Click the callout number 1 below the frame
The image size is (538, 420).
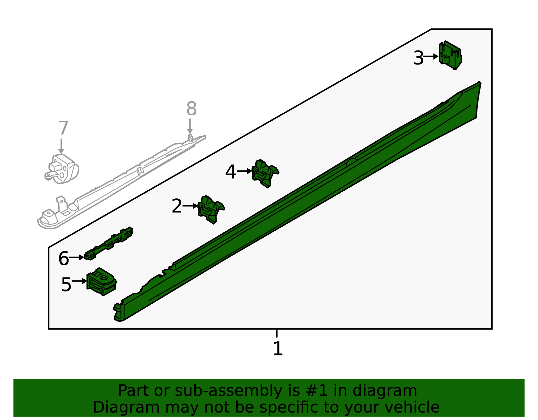click(278, 348)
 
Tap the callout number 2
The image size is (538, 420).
click(177, 206)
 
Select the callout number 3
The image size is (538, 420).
click(418, 58)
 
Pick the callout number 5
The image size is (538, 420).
click(66, 284)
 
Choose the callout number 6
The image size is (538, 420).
click(64, 258)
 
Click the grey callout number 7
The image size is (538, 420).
click(63, 128)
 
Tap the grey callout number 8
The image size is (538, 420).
click(191, 108)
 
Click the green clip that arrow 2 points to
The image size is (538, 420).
click(211, 209)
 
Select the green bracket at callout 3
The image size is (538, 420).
click(450, 55)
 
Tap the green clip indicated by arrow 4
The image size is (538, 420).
click(265, 173)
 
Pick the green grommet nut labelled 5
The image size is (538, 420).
click(101, 281)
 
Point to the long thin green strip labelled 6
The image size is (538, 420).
click(109, 243)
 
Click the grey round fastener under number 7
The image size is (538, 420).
click(62, 169)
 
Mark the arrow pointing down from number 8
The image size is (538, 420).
click(190, 126)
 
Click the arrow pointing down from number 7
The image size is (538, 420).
click(61, 146)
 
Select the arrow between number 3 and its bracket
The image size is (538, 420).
click(431, 57)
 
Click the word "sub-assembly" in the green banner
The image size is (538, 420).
click(228, 391)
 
